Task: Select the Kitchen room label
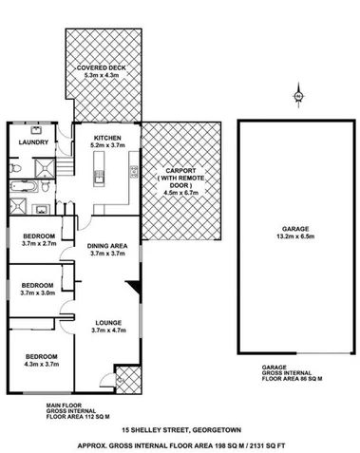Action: coord(104,137)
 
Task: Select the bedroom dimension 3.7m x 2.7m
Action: coord(38,242)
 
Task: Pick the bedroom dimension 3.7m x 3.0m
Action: coord(38,293)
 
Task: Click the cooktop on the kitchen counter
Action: coord(133,174)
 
